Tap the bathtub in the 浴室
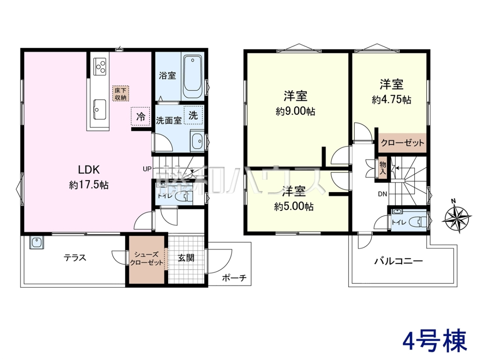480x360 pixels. click(x=192, y=76)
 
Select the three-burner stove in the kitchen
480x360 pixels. click(x=100, y=66)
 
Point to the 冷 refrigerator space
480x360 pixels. click(x=140, y=116)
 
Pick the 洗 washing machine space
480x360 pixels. click(x=193, y=115)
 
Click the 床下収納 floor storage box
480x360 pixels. click(x=121, y=93)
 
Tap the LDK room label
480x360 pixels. click(x=89, y=170)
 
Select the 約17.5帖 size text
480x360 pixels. click(x=89, y=185)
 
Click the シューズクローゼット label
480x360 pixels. click(x=146, y=258)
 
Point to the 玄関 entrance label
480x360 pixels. click(x=186, y=258)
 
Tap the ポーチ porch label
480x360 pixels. click(x=234, y=278)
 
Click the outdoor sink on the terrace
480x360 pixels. click(x=37, y=242)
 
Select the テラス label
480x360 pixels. click(x=75, y=258)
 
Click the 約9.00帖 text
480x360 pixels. click(x=295, y=112)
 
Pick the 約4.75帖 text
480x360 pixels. click(x=392, y=100)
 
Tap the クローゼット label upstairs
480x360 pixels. click(x=402, y=143)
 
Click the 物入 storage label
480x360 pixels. click(x=383, y=168)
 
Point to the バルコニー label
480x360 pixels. click(x=399, y=261)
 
